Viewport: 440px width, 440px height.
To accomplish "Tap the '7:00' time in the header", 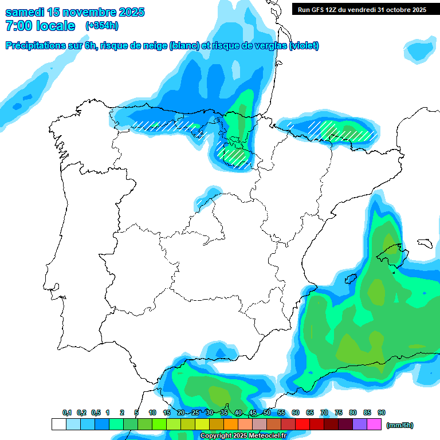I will tap(17, 26).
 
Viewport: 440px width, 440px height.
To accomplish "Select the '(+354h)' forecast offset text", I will tap(102, 26).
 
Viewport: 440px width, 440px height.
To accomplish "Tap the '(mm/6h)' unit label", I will tap(400, 425).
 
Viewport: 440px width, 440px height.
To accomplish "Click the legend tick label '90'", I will tap(382, 412).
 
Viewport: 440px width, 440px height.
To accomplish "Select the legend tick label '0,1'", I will tap(66, 412).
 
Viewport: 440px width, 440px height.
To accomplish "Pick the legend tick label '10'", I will tap(152, 412).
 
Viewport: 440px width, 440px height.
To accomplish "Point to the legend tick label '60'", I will tap(296, 412).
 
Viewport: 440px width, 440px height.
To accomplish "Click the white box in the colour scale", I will tap(58, 425).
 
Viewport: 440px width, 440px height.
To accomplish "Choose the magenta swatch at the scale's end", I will tap(374, 425).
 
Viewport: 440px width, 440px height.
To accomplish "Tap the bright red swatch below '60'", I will tap(302, 425).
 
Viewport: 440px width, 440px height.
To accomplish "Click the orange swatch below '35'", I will tap(231, 425).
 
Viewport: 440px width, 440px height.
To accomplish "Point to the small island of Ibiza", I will tap(351, 279).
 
